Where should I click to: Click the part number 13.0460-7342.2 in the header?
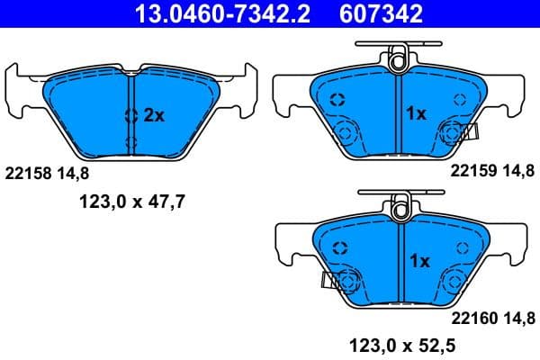coord(209,13)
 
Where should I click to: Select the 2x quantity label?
coord(153,115)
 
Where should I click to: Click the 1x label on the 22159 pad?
coord(416,115)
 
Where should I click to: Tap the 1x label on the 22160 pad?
coord(419,261)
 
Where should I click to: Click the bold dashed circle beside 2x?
coord(131,115)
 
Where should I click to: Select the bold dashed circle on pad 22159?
coord(337,102)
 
